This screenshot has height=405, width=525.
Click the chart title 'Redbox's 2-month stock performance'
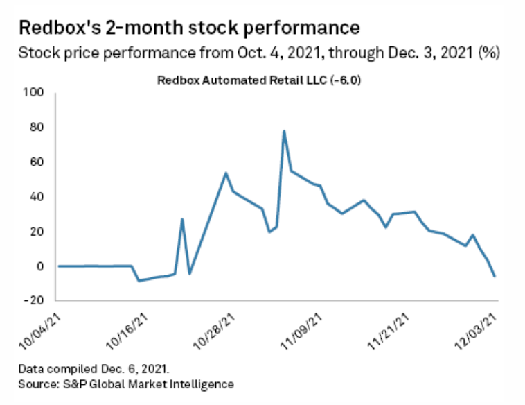click(189, 28)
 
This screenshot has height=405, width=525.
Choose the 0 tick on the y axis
click(41, 266)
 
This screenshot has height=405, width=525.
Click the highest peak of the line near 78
click(284, 131)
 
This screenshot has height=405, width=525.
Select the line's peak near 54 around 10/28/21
click(226, 173)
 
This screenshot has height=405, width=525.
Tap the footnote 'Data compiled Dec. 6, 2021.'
click(94, 368)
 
